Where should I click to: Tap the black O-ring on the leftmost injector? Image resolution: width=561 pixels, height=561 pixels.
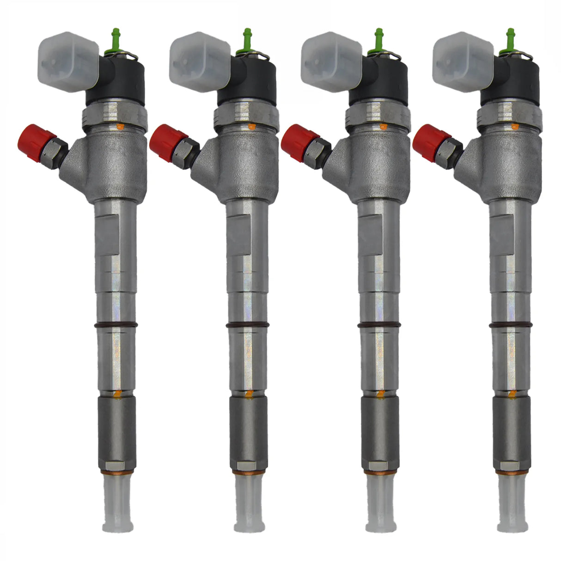116,326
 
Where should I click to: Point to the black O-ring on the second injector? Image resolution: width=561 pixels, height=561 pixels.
247,326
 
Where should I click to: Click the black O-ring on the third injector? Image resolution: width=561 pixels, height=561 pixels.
379,326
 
